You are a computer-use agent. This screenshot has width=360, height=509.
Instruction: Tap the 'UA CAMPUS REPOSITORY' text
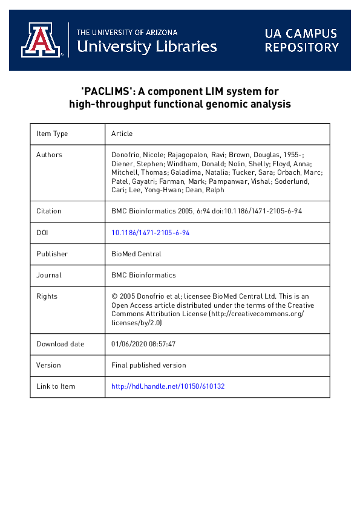click(x=301, y=40)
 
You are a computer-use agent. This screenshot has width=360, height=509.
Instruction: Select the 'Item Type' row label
click(x=52, y=134)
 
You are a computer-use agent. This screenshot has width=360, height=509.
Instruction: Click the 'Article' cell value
click(x=122, y=134)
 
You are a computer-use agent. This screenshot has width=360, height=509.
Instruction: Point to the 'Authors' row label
click(x=49, y=155)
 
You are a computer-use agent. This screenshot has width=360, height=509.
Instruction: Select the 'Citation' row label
click(x=49, y=211)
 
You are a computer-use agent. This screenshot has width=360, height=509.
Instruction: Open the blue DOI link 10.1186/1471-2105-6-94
click(x=151, y=233)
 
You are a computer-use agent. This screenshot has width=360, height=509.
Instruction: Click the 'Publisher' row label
click(x=52, y=254)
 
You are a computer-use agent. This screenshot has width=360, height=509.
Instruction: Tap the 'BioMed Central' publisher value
click(x=136, y=254)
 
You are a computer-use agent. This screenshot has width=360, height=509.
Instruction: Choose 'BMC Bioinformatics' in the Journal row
click(x=143, y=275)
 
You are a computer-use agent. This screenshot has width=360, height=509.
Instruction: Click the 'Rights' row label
click(x=47, y=296)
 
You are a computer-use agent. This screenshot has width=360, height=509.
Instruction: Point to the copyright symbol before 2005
click(x=114, y=296)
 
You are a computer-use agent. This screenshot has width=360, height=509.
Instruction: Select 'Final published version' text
click(x=149, y=365)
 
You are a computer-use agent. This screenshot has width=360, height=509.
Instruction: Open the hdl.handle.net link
click(x=168, y=386)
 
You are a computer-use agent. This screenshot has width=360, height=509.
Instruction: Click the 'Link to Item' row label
click(x=56, y=386)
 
